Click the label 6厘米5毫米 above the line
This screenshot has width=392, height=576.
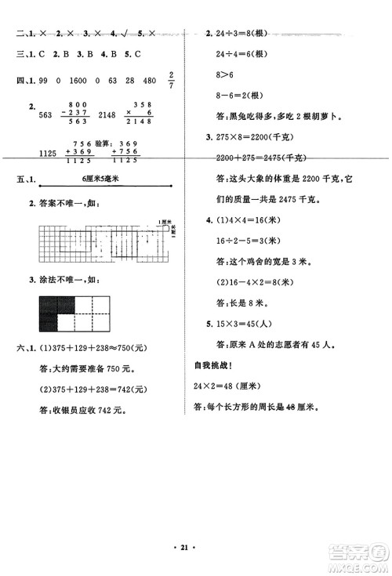coord(102,179)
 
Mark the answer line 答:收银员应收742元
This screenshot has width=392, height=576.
coord(83,410)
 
